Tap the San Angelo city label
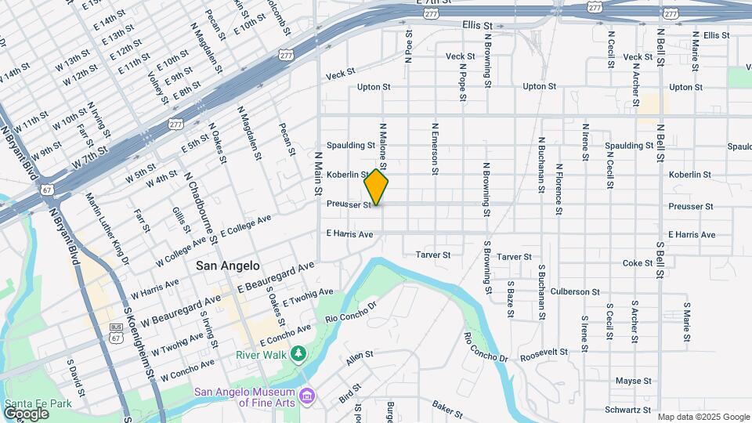coord(228,266)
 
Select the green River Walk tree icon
coord(298,355)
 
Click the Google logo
coord(26,413)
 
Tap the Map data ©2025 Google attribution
coord(703,417)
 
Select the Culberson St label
coord(575,291)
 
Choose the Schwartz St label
coord(628,410)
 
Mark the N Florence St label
coord(559,189)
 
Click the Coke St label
coord(638,263)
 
